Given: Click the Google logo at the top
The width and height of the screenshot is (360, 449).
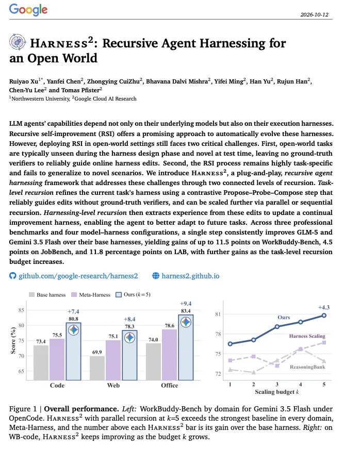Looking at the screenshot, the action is tap(28, 10).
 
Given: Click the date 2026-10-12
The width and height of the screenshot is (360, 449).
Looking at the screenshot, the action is tap(314, 14).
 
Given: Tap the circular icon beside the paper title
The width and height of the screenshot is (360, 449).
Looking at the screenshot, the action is tap(18, 42).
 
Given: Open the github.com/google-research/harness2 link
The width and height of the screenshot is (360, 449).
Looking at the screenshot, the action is tap(78, 276).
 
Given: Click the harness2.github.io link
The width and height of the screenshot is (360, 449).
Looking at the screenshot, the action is tap(190, 276).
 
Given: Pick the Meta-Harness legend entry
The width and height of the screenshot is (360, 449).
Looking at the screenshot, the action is tap(91, 295).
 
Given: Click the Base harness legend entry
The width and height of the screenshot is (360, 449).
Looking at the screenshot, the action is tap(47, 295).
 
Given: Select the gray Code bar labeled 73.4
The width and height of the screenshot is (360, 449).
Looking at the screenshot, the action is tap(41, 363).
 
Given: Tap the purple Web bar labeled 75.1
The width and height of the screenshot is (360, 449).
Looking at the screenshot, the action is tap(113, 360).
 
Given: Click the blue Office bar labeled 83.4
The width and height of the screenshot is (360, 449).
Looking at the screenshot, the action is tap(186, 347).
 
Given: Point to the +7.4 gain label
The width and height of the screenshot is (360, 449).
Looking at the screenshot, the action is tap(73, 311).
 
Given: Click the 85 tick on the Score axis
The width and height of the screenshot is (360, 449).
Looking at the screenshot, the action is tap(21, 310).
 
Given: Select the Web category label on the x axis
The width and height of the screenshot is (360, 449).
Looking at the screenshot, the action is tap(113, 386).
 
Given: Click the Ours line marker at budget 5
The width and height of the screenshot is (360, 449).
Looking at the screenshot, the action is tap(324, 315).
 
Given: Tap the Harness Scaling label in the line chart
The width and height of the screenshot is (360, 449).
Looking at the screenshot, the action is tap(307, 336).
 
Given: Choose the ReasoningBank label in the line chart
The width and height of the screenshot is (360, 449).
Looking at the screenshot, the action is tap(307, 367).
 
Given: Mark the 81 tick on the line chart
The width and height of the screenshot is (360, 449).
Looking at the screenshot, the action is tap(218, 314).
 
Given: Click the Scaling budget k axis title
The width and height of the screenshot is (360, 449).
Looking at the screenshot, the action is tap(277, 392).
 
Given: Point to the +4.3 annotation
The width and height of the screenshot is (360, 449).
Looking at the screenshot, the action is tap(324, 308).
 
